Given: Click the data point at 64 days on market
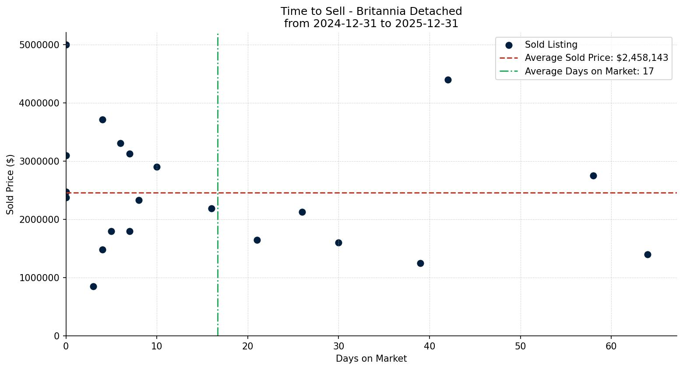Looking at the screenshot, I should click(x=648, y=254).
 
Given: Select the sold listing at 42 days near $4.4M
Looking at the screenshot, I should click(x=448, y=80).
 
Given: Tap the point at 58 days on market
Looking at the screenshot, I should click(x=593, y=176).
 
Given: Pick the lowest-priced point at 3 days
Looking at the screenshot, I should click(x=93, y=286).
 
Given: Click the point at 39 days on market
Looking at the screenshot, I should click(x=420, y=263).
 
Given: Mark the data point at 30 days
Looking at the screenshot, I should click(x=338, y=243).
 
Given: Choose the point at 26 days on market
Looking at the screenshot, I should click(x=302, y=212).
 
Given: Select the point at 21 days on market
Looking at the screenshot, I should click(x=257, y=240).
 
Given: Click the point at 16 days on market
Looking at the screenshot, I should click(x=211, y=208).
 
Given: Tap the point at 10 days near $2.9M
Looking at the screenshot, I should click(x=157, y=167).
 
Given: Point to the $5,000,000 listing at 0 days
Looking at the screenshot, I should click(x=66, y=45).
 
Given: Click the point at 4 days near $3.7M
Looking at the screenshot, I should click(x=102, y=120).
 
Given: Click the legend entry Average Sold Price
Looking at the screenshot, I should click(x=596, y=58).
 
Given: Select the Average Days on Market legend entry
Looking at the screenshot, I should click(x=589, y=71).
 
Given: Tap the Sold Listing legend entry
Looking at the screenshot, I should click(x=551, y=45).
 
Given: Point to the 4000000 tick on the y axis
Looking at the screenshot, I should click(x=39, y=103).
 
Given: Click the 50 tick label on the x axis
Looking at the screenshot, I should click(x=520, y=346).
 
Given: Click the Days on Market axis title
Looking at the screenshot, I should click(x=371, y=359).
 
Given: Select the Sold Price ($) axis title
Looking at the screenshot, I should click(x=11, y=184).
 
